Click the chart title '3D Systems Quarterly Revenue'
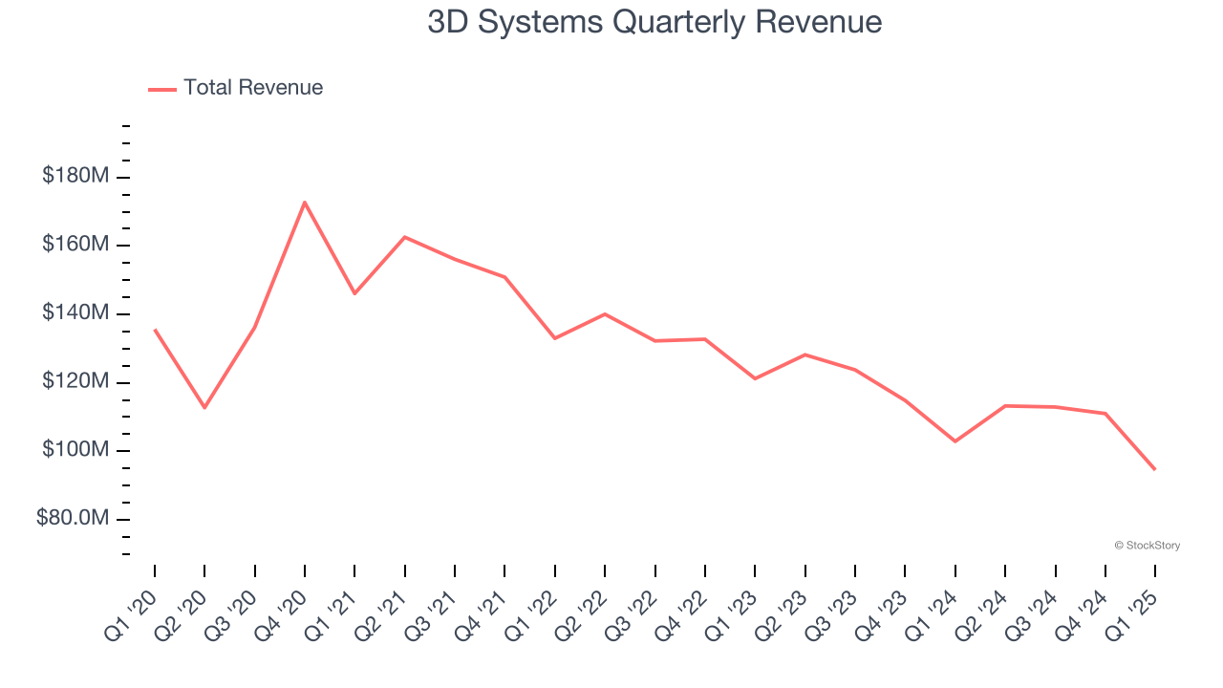coord(654,22)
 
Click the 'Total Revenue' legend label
coord(253,88)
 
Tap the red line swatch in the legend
coord(162,89)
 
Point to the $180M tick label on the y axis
coord(75,176)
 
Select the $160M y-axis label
coord(75,245)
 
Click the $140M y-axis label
coord(75,313)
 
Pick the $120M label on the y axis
coord(75,382)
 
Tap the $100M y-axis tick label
coord(75,450)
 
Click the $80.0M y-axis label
coord(73,519)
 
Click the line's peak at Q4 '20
coord(305,202)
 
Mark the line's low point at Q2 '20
coord(204,408)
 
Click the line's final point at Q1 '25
coord(1155,469)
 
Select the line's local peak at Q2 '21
coord(405,237)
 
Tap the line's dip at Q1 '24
coord(955,441)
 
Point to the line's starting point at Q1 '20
coord(155,330)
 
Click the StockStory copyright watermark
coord(1147,546)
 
